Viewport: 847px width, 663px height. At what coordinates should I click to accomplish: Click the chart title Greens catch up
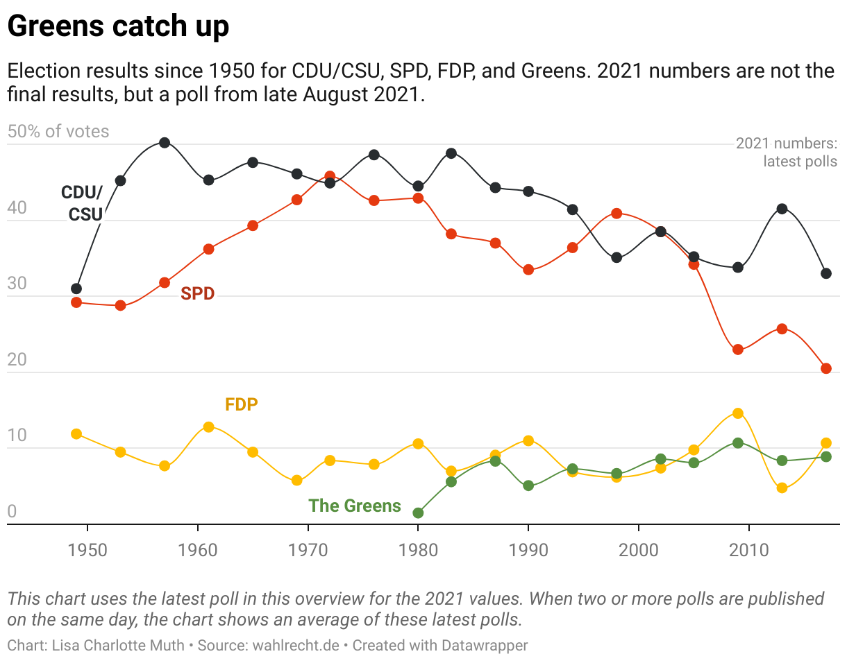(118, 26)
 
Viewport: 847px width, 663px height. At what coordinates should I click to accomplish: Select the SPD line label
(198, 293)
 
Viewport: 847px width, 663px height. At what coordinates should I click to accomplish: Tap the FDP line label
(241, 404)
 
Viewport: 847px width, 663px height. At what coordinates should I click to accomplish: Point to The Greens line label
(355, 506)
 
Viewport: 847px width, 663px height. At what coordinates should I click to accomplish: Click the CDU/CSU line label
(83, 203)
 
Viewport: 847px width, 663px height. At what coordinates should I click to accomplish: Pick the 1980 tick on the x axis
(418, 551)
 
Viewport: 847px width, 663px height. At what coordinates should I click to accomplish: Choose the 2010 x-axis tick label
(749, 551)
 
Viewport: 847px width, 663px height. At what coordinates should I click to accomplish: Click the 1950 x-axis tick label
(87, 551)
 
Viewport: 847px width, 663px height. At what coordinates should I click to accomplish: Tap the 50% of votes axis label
(58, 131)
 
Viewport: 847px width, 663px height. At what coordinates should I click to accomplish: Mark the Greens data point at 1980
(418, 513)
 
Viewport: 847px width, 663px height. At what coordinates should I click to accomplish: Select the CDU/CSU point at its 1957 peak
(165, 143)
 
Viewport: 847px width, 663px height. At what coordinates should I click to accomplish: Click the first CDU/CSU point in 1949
(76, 289)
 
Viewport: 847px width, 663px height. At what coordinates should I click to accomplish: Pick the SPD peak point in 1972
(330, 176)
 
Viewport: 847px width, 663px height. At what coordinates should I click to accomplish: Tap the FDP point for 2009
(738, 413)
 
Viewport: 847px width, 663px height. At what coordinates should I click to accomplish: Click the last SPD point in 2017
(826, 368)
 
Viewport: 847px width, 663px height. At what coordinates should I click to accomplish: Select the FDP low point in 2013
(782, 488)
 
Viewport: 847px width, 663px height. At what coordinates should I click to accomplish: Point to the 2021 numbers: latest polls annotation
(787, 153)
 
